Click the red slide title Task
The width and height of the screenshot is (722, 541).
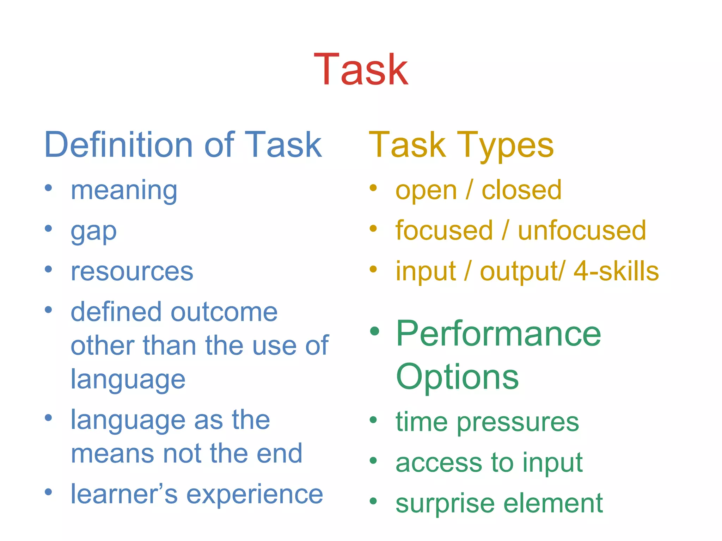tap(361, 69)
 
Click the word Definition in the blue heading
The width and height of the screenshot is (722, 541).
tap(118, 145)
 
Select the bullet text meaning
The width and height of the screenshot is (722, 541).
tap(124, 191)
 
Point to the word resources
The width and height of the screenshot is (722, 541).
tap(132, 272)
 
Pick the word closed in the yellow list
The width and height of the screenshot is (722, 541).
tap(521, 190)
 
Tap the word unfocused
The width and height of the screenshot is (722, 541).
tap(582, 231)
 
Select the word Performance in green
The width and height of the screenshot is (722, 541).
tap(498, 334)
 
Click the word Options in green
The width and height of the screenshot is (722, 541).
tap(457, 377)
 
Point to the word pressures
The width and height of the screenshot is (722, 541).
tap(518, 422)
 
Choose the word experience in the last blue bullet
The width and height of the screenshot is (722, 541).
tap(254, 494)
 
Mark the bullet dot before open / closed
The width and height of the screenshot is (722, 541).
tap(373, 188)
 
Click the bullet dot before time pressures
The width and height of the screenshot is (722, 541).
tap(373, 420)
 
